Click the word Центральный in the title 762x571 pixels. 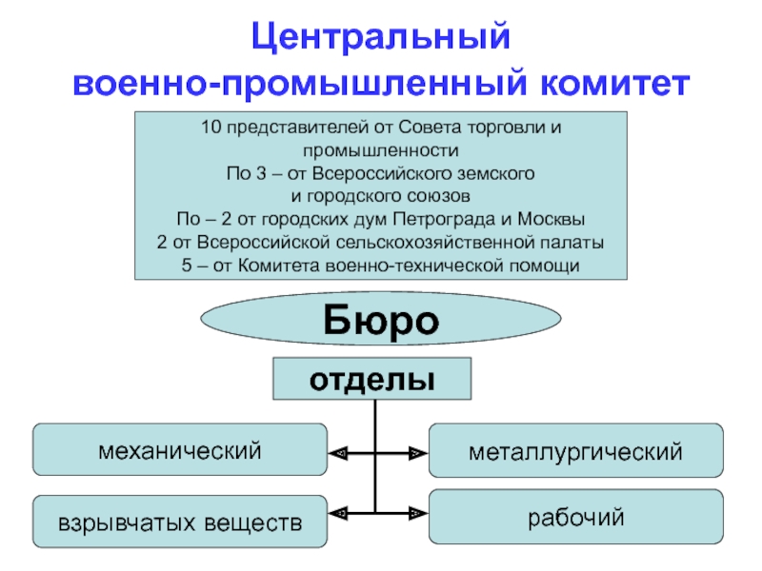(380, 37)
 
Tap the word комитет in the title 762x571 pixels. (614, 83)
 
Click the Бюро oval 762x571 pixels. (380, 319)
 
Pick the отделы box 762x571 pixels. (371, 379)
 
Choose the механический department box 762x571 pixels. (180, 449)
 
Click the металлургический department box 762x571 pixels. (576, 450)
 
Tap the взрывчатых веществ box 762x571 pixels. (180, 522)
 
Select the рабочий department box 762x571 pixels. (576, 517)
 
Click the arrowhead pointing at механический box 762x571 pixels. (338, 454)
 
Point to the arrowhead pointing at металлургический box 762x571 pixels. (418, 454)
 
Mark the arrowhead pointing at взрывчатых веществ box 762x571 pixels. (338, 513)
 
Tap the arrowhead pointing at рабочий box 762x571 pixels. (418, 513)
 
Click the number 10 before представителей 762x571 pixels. (211, 128)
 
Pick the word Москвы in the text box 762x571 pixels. (551, 219)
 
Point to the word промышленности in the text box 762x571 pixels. (380, 150)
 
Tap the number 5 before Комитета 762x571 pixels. (187, 266)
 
